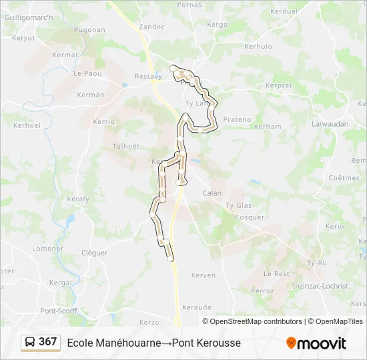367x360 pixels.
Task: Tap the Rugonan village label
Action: click(x=89, y=30)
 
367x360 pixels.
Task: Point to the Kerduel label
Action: click(x=284, y=11)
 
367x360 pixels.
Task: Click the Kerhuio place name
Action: click(x=258, y=47)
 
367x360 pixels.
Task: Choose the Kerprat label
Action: click(x=278, y=86)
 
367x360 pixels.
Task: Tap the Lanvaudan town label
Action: click(x=330, y=124)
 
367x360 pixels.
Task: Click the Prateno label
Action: click(x=237, y=120)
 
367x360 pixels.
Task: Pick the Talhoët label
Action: click(x=126, y=147)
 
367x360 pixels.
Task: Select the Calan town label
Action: click(x=212, y=193)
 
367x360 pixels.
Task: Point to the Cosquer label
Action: click(x=250, y=217)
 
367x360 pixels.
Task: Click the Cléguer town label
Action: click(x=94, y=253)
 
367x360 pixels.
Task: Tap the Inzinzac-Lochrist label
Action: click(x=320, y=286)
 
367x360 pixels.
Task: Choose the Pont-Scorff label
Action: click(x=59, y=311)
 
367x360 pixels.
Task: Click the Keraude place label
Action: click(x=197, y=307)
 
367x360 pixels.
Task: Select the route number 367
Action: click(x=48, y=342)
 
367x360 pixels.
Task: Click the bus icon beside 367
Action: click(x=31, y=343)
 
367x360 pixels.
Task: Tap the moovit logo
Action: click(x=316, y=343)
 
